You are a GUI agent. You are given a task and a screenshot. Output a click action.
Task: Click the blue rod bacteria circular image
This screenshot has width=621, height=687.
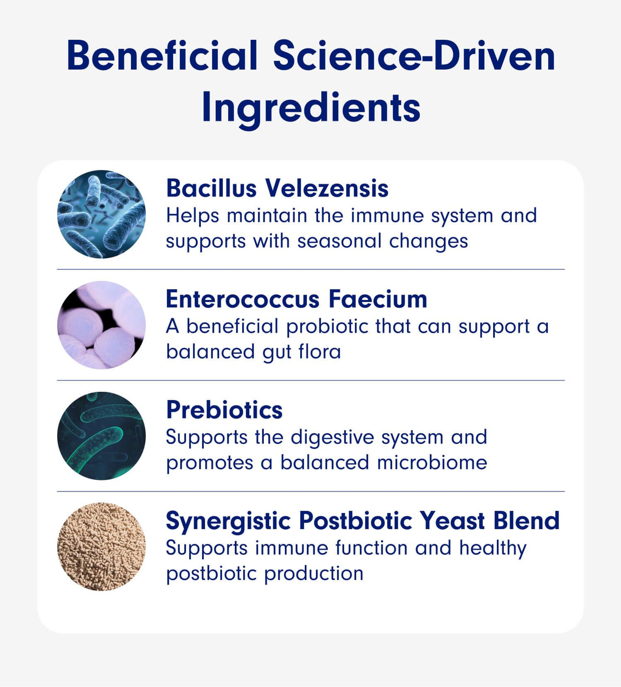point(101,214)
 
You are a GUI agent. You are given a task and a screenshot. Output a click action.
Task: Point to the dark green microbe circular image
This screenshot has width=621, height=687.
point(101,436)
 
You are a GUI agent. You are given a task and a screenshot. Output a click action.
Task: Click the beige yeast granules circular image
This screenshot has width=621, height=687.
point(101,547)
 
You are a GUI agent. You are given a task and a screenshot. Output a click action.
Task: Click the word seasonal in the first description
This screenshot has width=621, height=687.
point(339,241)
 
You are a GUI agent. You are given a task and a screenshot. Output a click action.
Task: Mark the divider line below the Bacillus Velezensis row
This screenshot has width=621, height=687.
point(311,269)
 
